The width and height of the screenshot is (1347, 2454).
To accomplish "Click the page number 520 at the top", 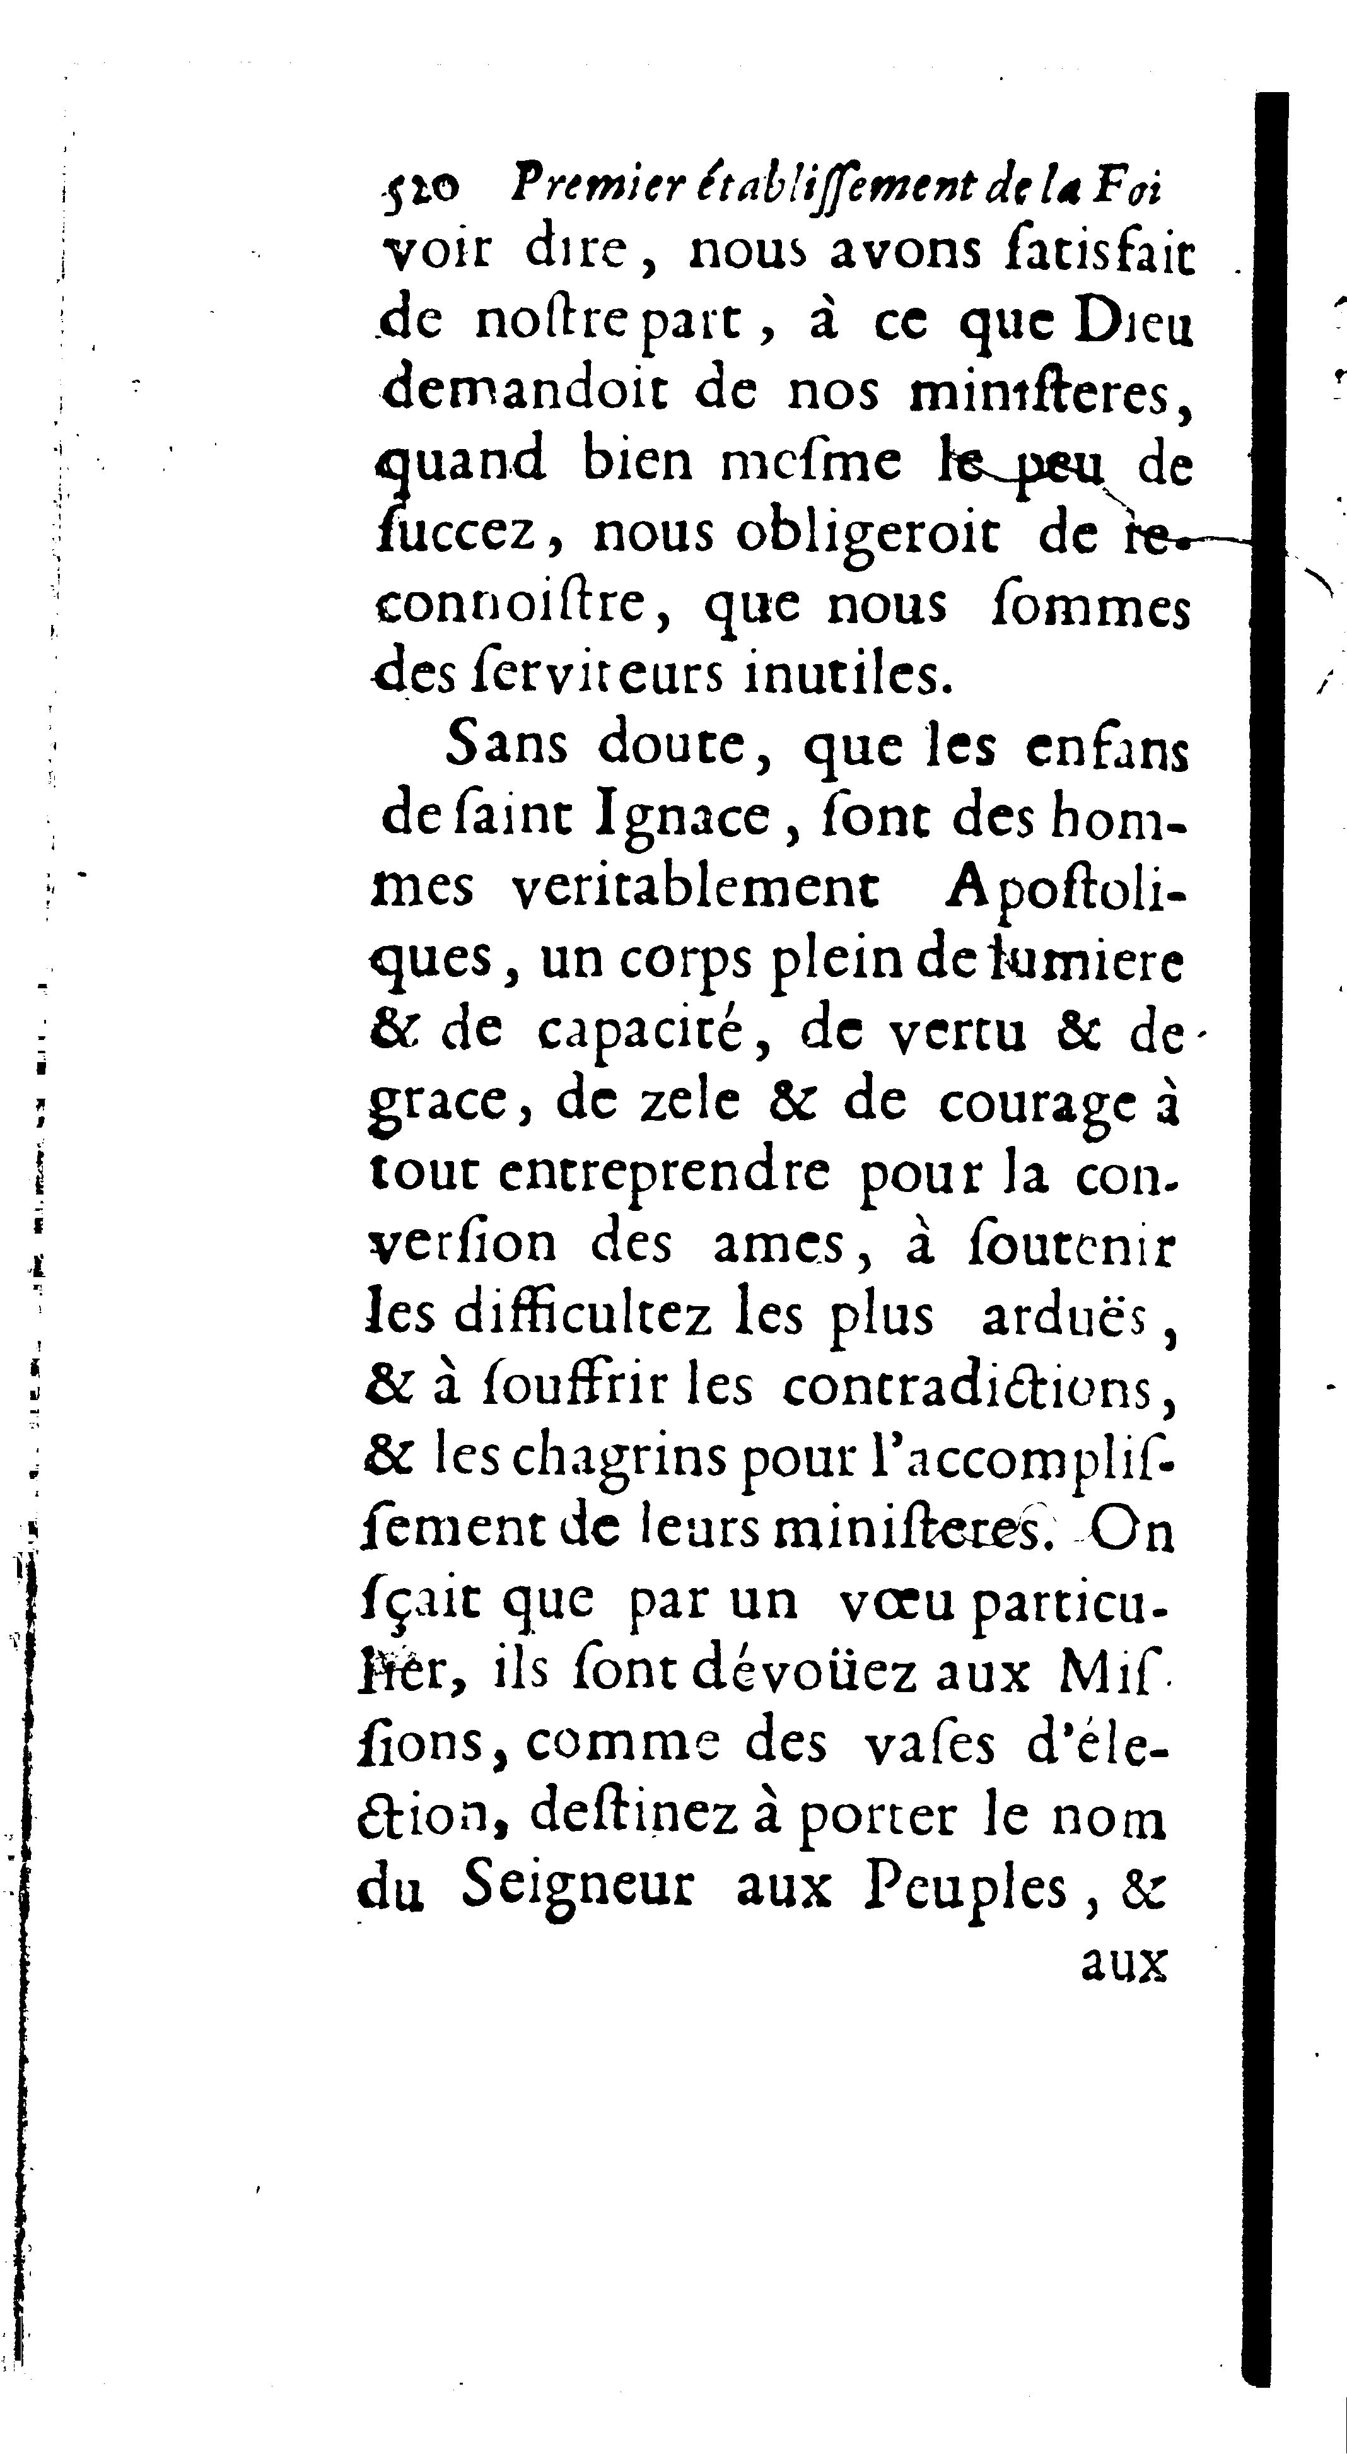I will pos(422,188).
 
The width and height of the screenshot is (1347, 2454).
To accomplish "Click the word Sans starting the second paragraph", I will pos(506,746).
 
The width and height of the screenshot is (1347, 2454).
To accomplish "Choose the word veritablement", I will pos(696,889).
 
